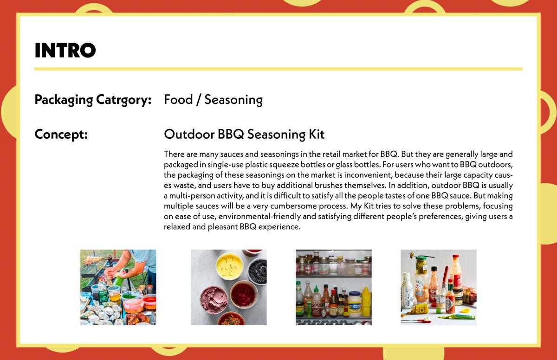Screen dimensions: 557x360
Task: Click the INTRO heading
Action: (x=65, y=50)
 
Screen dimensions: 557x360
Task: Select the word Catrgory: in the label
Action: (x=123, y=100)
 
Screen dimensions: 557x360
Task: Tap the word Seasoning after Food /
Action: (x=233, y=100)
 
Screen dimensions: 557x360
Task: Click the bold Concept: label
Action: (x=61, y=135)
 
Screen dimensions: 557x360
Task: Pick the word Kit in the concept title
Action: (x=317, y=134)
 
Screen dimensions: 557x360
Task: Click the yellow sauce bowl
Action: (x=229, y=265)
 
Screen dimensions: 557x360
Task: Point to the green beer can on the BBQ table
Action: (x=103, y=292)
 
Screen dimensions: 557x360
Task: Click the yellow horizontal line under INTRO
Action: (x=278, y=69)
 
